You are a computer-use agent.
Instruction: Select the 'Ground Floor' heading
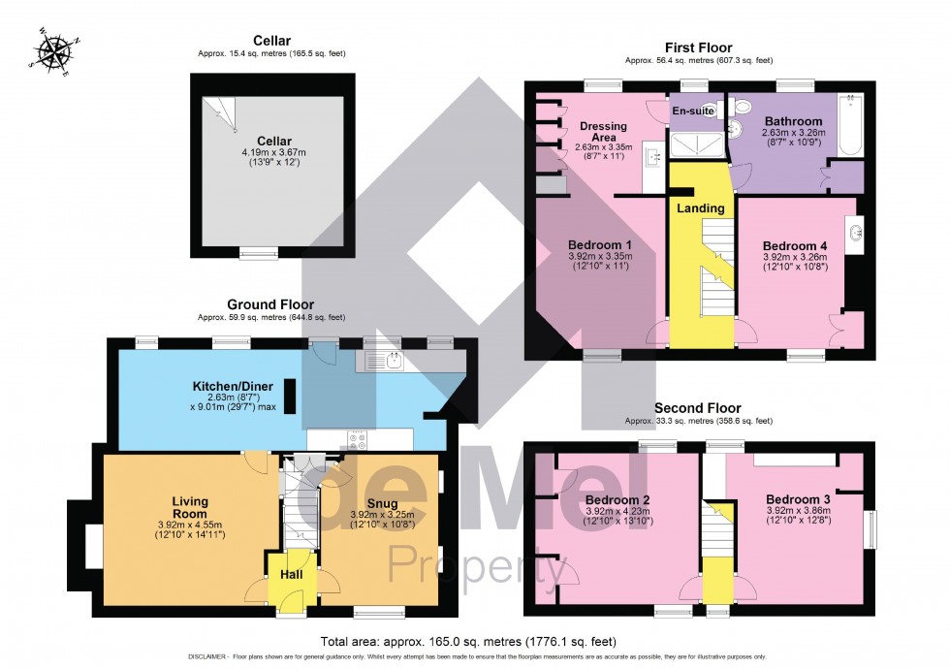click(270, 304)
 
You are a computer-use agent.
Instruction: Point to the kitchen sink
click(394, 362)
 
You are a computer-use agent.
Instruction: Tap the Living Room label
click(190, 507)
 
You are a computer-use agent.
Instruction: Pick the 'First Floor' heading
click(698, 48)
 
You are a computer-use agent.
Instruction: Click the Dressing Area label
click(603, 132)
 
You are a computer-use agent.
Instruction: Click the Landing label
click(701, 208)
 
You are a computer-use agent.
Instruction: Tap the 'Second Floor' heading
click(698, 408)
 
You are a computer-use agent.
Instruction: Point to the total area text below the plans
click(467, 641)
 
